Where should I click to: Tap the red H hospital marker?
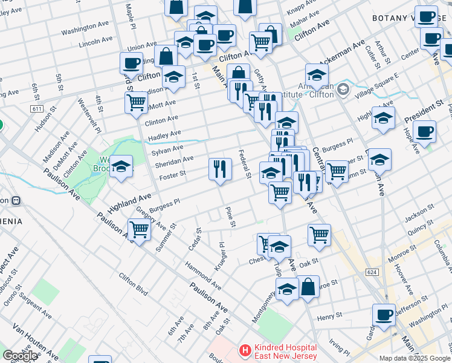point(245,350)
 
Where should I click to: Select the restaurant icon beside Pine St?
point(220,169)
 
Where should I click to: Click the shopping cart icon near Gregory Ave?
point(139,231)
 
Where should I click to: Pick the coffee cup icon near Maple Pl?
point(131,63)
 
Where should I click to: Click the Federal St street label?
point(245,164)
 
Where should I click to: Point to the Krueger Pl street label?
point(220,257)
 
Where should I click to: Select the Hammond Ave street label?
point(203,273)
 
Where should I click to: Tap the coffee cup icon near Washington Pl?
point(384,314)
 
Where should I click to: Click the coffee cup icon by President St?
point(424,131)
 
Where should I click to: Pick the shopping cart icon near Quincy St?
point(318,235)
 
